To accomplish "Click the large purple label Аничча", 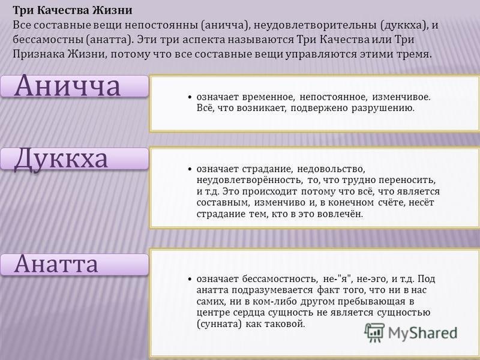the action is point(67,86).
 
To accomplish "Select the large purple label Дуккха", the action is point(61,160).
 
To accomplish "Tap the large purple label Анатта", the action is point(56,263).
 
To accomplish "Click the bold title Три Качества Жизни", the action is point(73,10).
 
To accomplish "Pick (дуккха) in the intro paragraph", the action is point(403,25).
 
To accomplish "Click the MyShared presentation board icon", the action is point(374,332).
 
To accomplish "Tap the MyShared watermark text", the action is point(422,333).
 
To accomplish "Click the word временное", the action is point(268,97).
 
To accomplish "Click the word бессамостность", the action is point(279,279).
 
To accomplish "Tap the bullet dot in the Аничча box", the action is point(190,97).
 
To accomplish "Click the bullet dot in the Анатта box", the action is point(190,279).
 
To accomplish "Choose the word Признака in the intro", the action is point(38,55).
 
